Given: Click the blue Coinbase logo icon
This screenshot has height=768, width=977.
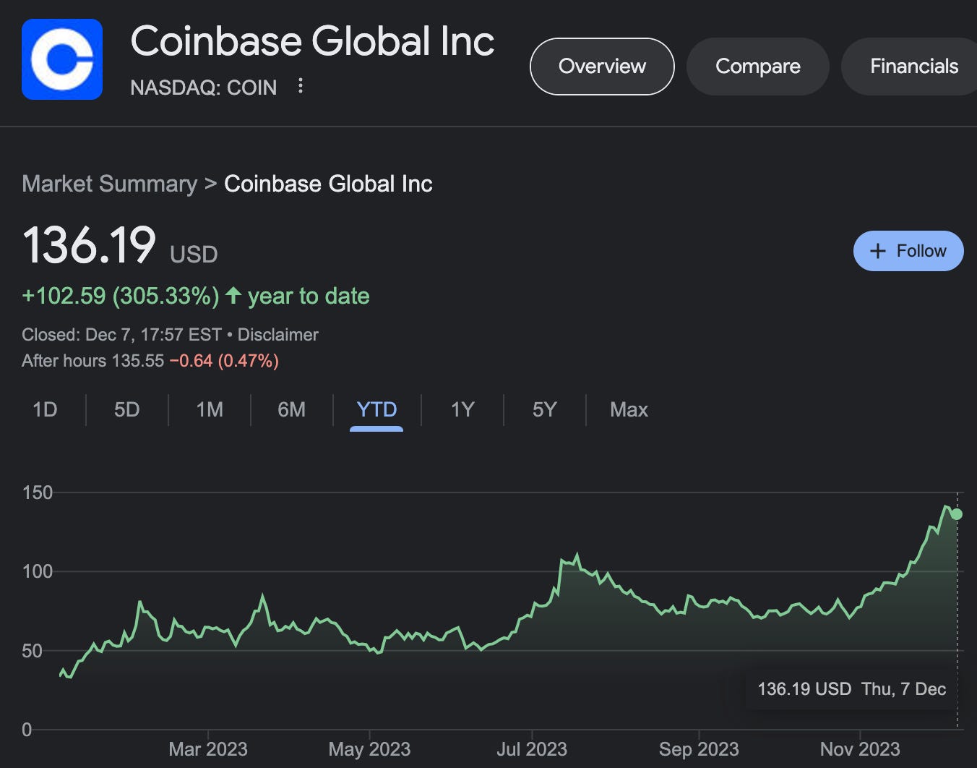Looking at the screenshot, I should (x=62, y=59).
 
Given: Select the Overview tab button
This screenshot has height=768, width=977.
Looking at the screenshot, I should (x=602, y=67).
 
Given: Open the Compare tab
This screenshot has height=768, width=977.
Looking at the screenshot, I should (x=757, y=67).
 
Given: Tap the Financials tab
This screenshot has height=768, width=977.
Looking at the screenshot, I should (x=913, y=67).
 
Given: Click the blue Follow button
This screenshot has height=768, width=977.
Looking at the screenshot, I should (x=908, y=251).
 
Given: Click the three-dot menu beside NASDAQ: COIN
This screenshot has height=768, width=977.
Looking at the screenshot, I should (x=301, y=87).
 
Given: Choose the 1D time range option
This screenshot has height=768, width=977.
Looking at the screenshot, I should (x=45, y=410).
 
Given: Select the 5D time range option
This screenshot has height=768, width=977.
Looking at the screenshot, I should (x=126, y=410).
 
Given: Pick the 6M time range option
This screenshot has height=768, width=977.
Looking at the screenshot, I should (x=291, y=410).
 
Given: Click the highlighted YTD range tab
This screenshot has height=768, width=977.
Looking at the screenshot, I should (x=376, y=410).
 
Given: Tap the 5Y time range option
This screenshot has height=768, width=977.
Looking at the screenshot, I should (x=544, y=410).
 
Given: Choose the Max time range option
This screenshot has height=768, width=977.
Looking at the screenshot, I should (x=629, y=410).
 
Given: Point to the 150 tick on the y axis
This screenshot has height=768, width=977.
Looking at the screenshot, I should (x=38, y=492).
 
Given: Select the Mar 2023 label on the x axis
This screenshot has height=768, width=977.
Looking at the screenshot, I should (x=208, y=749).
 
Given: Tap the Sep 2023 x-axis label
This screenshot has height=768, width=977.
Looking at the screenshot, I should (x=699, y=749).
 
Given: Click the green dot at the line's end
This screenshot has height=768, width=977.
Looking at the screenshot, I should (x=957, y=514).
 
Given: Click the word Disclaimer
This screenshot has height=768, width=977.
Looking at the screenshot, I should (x=278, y=335).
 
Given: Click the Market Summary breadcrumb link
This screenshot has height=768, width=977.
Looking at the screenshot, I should (x=109, y=184).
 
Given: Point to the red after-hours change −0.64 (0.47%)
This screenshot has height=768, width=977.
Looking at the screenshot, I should (x=224, y=361).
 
